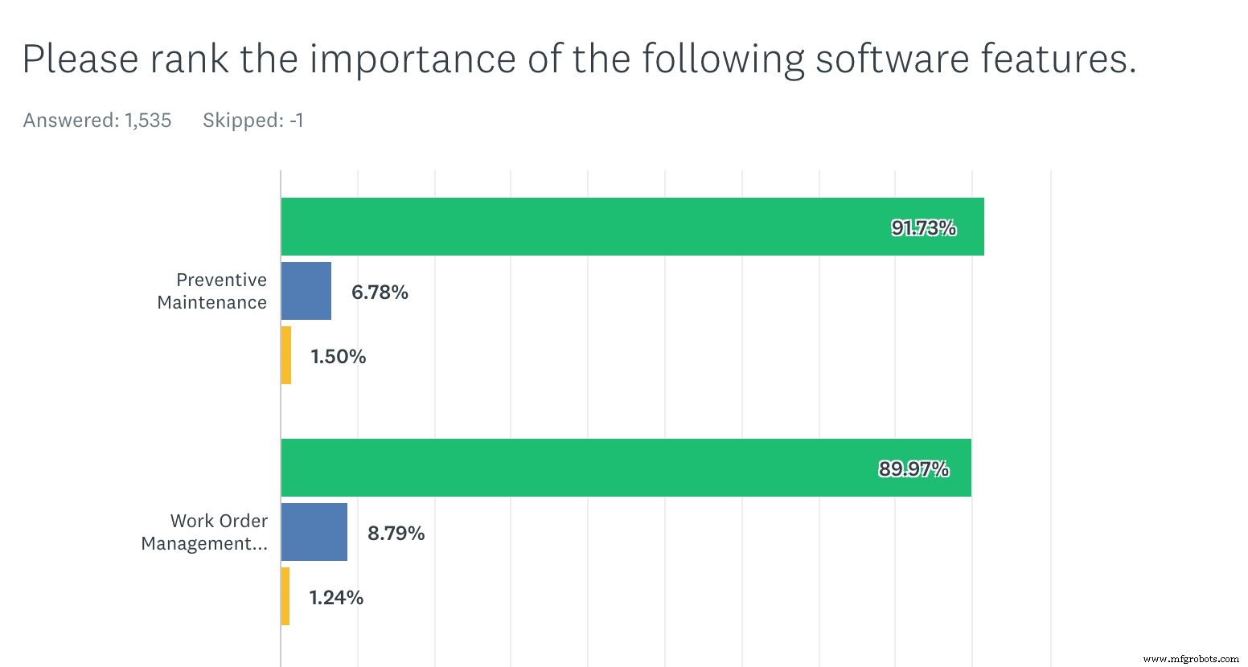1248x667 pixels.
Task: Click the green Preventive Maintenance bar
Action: tap(632, 227)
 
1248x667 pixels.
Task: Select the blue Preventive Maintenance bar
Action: tap(306, 291)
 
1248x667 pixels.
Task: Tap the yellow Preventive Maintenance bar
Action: tap(286, 355)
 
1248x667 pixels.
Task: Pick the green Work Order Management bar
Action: tap(626, 468)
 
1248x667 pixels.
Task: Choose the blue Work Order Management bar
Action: tap(314, 532)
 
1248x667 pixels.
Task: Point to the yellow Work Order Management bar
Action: tap(285, 596)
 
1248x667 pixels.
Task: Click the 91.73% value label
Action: tap(923, 228)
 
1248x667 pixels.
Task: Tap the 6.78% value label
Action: tap(380, 293)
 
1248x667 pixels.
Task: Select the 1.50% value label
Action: tap(339, 357)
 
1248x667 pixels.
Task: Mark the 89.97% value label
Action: tap(913, 469)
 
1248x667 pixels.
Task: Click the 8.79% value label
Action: tap(396, 534)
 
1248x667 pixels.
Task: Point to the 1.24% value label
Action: tap(336, 598)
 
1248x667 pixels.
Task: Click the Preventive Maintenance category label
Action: tap(213, 291)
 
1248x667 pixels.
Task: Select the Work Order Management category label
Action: tap(205, 532)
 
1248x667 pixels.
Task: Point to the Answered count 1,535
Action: tap(148, 121)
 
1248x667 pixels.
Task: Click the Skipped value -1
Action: tap(297, 121)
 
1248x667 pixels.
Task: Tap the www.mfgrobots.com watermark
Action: tap(1191, 659)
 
